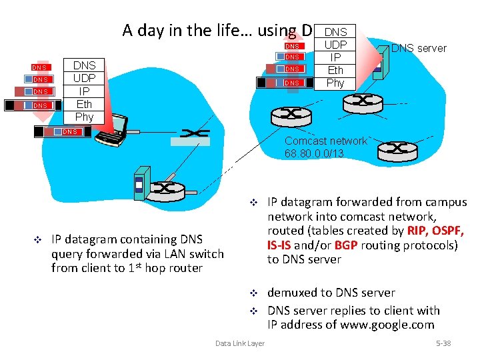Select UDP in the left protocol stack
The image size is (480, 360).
click(84, 78)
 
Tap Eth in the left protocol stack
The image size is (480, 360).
click(84, 104)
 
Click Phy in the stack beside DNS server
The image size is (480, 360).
click(335, 83)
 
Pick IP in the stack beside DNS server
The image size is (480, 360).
click(335, 57)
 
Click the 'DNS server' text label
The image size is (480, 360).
click(419, 48)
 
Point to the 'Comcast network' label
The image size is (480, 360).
click(325, 141)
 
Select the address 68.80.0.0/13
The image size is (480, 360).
click(314, 154)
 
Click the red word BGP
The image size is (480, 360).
click(346, 245)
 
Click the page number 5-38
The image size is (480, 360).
click(443, 343)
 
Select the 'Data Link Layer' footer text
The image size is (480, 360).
click(239, 343)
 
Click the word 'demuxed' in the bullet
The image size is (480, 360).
click(291, 293)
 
